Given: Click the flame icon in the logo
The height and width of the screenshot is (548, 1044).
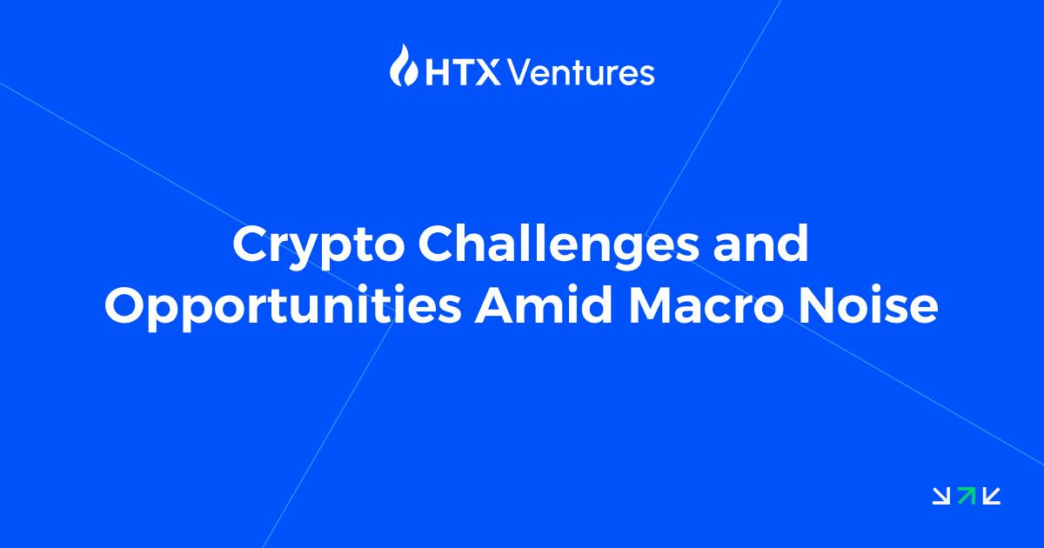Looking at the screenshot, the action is pyautogui.click(x=404, y=65).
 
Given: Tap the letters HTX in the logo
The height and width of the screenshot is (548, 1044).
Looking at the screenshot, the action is pyautogui.click(x=463, y=72).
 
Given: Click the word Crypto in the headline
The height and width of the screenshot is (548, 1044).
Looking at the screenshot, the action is pyautogui.click(x=318, y=246).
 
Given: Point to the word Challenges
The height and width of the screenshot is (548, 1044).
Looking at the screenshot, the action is pyautogui.click(x=559, y=246).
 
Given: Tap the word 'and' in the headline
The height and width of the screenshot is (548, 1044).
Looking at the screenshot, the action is pyautogui.click(x=761, y=244).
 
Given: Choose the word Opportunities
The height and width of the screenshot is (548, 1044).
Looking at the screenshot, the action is pyautogui.click(x=283, y=308).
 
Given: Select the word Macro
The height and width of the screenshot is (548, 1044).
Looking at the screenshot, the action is pyautogui.click(x=706, y=306).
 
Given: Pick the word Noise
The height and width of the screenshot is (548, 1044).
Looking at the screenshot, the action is pyautogui.click(x=868, y=305).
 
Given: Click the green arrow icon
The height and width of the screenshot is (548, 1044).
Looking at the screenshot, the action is pyautogui.click(x=967, y=495).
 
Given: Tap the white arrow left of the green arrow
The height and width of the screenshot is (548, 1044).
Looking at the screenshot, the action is pyautogui.click(x=941, y=496).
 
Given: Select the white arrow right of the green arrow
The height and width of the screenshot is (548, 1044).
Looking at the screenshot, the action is pyautogui.click(x=992, y=496).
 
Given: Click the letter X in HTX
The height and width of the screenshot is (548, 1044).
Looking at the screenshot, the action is pyautogui.click(x=488, y=72).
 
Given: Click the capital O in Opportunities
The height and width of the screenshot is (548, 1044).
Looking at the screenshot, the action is pyautogui.click(x=126, y=306).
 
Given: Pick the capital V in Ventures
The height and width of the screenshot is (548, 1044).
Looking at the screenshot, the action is pyautogui.click(x=519, y=72).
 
